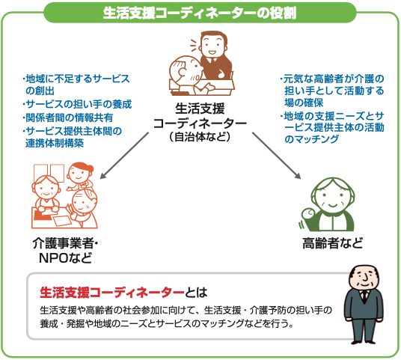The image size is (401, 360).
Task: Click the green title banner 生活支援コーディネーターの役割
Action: [200, 13]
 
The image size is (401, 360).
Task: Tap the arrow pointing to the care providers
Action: [124, 156]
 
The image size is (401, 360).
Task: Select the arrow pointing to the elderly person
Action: [276, 156]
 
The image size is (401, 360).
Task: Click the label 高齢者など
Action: [332, 243]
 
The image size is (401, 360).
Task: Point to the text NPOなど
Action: [66, 258]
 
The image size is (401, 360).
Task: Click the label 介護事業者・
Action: [66, 243]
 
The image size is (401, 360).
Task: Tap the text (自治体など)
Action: [200, 137]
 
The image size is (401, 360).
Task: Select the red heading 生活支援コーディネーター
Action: [112, 293]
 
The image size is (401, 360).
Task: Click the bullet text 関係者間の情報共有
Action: [69, 118]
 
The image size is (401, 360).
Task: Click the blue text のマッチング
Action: [311, 139]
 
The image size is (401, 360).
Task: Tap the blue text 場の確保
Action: [304, 103]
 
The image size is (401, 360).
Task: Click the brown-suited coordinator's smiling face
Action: [212, 46]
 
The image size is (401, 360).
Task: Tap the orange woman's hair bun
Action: [90, 168]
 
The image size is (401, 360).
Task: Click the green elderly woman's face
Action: [332, 199]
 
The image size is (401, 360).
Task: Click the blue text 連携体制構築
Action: [55, 143]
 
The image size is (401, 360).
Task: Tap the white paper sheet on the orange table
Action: [61, 220]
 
